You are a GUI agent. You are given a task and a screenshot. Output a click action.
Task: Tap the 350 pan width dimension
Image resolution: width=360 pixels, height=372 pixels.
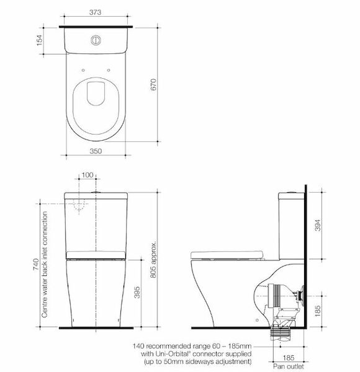96,149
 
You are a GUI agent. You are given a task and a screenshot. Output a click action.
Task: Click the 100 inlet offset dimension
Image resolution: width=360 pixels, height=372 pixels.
88,175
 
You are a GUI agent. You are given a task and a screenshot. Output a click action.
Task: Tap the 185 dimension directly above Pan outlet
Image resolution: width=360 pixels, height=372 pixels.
289,358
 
